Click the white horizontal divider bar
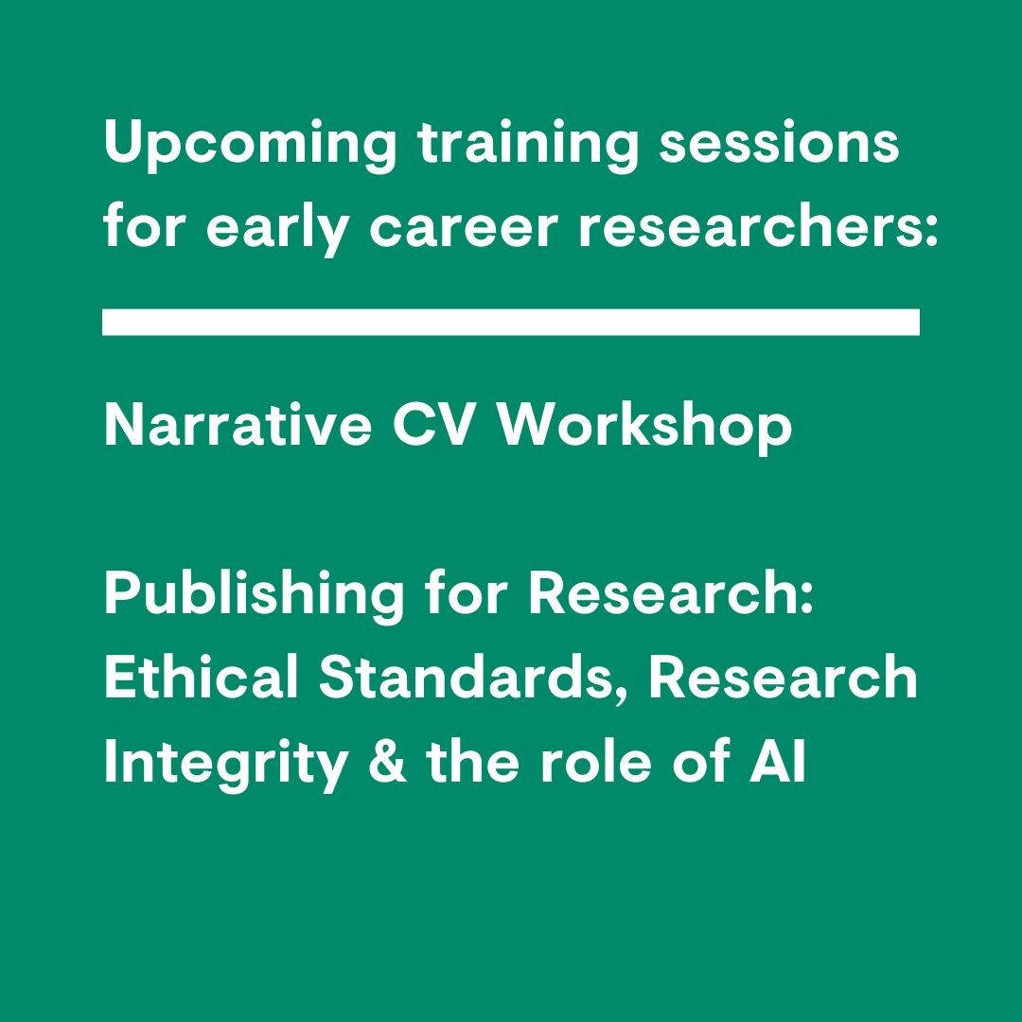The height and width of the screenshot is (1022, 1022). coord(511,322)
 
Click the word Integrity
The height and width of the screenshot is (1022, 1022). coord(225,764)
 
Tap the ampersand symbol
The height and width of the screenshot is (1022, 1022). coord(387,762)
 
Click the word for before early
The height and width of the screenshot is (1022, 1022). coord(143,228)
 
